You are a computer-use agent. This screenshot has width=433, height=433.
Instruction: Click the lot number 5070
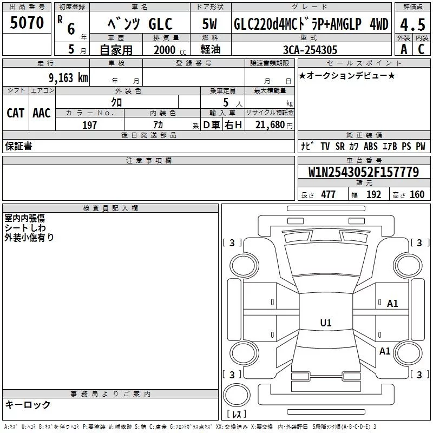(x=27, y=24)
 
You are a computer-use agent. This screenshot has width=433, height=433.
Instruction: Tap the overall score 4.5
(x=410, y=24)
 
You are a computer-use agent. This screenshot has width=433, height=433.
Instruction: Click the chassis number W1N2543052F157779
(x=364, y=173)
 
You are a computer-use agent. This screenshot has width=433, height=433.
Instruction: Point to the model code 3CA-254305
(x=310, y=50)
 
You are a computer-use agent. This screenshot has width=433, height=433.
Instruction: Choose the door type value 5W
(x=210, y=24)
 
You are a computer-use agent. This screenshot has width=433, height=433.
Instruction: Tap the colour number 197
(x=90, y=125)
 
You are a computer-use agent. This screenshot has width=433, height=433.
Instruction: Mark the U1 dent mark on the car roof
(x=325, y=323)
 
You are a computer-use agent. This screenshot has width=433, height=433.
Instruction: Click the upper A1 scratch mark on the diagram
(x=392, y=304)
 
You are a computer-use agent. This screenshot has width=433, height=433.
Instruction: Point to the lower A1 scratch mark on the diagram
(x=385, y=351)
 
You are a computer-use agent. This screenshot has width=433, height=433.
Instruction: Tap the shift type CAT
(x=15, y=113)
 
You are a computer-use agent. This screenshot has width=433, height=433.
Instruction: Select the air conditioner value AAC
(x=41, y=113)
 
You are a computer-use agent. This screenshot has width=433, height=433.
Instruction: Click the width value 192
(x=373, y=195)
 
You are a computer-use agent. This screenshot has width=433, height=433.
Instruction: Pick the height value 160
(x=417, y=195)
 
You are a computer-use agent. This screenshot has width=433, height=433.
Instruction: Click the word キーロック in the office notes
(x=28, y=404)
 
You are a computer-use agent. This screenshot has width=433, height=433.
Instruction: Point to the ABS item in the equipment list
(x=371, y=146)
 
